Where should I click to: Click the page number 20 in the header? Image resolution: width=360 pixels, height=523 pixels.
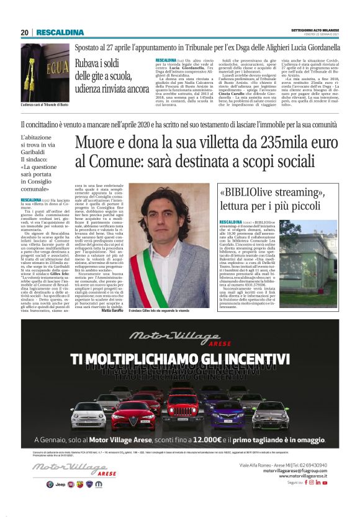click(x=25, y=32)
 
